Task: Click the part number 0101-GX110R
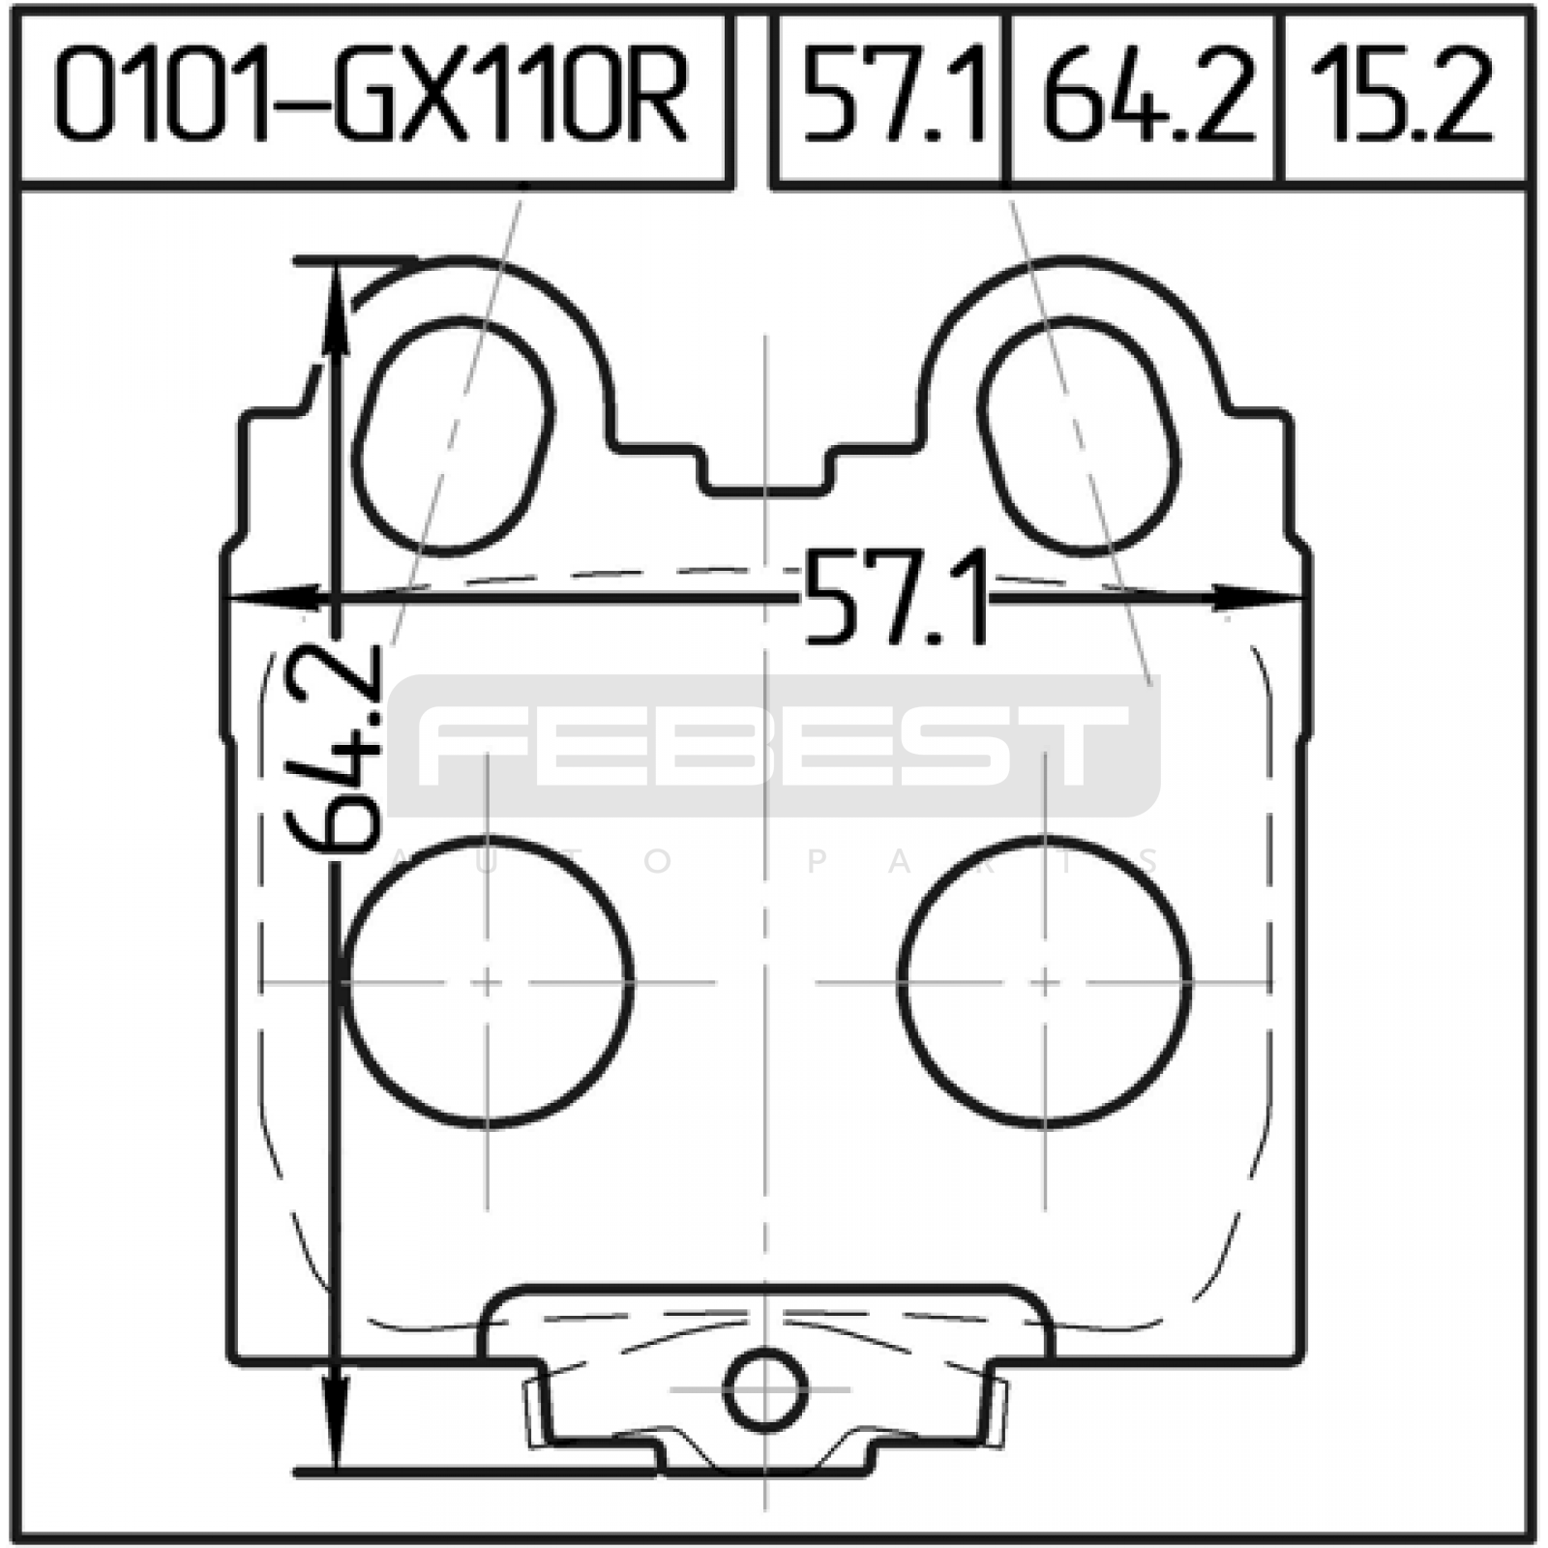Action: pyautogui.click(x=372, y=97)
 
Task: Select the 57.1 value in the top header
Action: pyautogui.click(x=895, y=97)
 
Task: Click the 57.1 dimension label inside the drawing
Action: pyautogui.click(x=896, y=598)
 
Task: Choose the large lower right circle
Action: pyautogui.click(x=1045, y=983)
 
